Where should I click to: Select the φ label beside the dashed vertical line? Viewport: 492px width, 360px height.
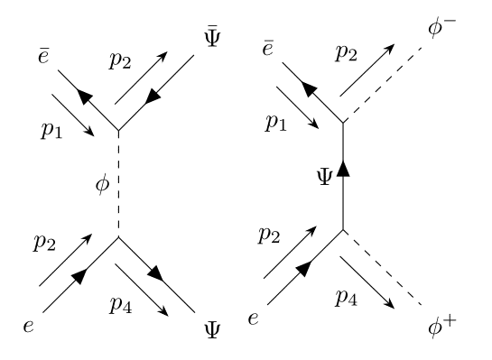tap(103, 186)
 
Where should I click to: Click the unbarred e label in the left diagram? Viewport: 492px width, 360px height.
tap(29, 326)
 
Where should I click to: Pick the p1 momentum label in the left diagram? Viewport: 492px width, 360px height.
tap(51, 130)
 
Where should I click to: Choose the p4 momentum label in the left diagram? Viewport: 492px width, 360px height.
tap(122, 304)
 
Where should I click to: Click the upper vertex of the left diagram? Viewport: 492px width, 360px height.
tap(117, 131)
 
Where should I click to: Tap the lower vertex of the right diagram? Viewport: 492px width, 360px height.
tap(343, 229)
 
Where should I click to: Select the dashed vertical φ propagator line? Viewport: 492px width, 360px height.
tap(117, 185)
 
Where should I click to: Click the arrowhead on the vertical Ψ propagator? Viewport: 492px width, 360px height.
tap(343, 171)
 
